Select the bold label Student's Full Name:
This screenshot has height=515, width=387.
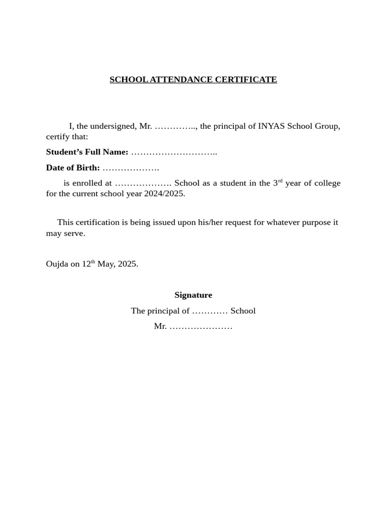point(87,152)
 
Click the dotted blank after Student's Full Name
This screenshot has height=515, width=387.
point(174,152)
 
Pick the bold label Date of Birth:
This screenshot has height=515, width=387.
point(73,167)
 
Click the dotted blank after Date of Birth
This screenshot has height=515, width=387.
point(131,168)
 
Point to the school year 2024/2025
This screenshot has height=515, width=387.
point(165,194)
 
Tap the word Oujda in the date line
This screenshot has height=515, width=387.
point(57,264)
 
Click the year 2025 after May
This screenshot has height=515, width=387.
point(128,264)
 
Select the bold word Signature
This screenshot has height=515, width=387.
point(193,295)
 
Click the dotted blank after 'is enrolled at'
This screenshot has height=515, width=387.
point(143,184)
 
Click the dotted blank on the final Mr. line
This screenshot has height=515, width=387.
point(201,326)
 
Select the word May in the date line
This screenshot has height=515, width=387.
point(105,264)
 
